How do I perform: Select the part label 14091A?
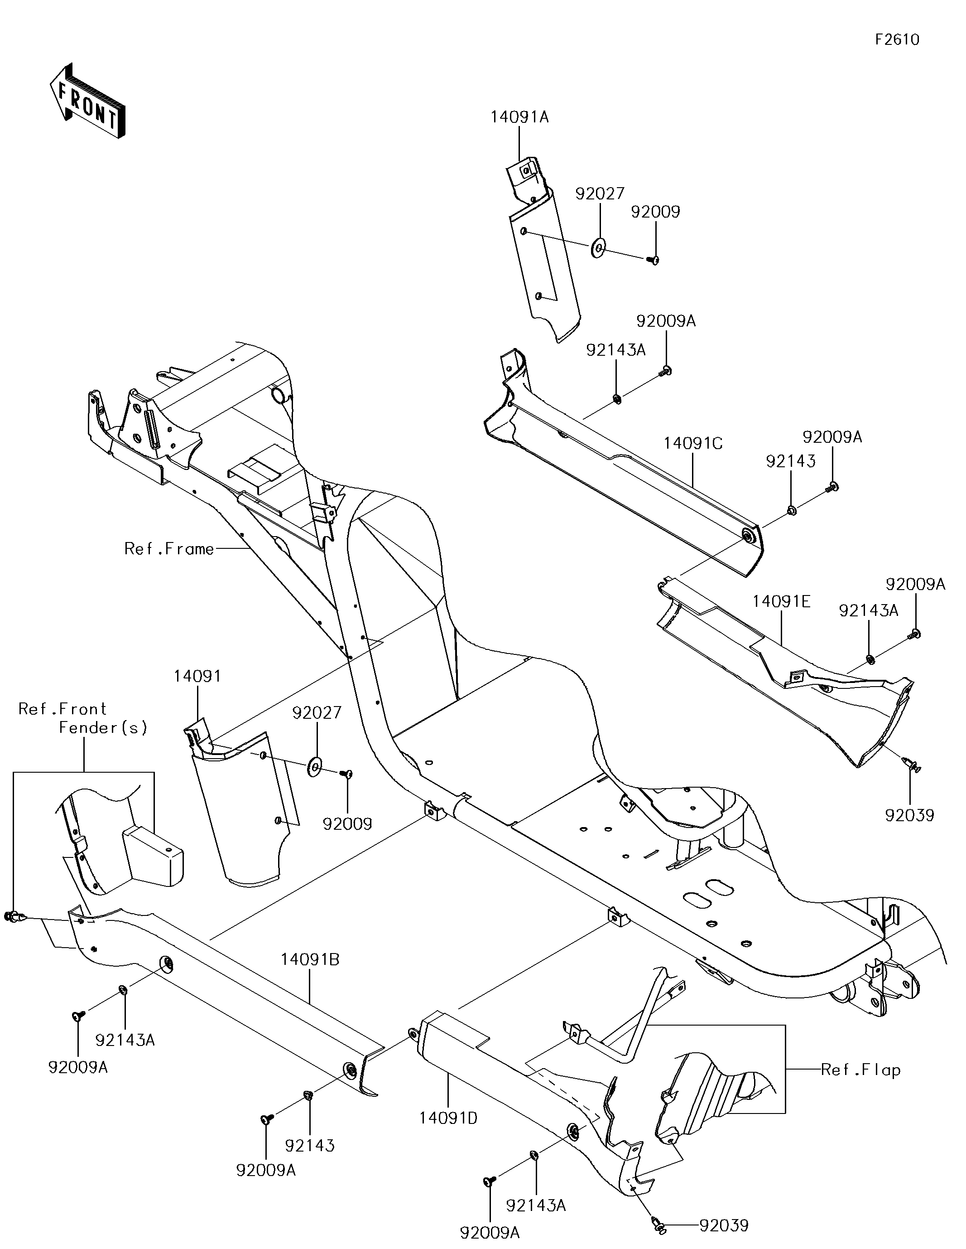(519, 117)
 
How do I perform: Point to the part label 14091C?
(693, 443)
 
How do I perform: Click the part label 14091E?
(781, 601)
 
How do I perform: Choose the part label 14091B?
(310, 959)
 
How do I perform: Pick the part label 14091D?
(448, 1118)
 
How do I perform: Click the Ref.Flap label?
(860, 1070)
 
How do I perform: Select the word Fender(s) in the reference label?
(103, 728)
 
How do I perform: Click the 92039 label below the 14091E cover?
(909, 815)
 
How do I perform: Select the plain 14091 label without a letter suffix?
(197, 676)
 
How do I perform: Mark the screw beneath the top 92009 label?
(654, 260)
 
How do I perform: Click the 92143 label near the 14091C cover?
(791, 461)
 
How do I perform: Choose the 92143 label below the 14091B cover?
(309, 1146)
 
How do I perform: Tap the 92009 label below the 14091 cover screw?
(347, 824)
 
